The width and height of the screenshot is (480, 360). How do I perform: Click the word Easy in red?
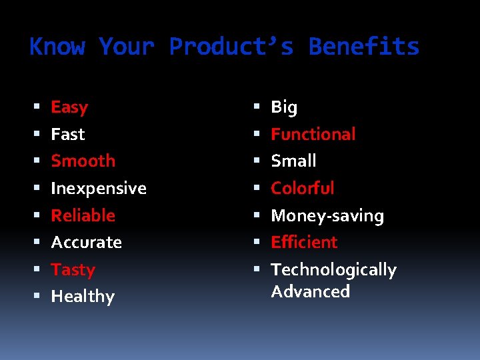coord(69,107)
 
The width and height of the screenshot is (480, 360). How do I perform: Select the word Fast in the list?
coord(68,135)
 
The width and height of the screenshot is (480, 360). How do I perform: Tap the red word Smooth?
coord(83,161)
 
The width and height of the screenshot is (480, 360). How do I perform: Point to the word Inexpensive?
coord(99,189)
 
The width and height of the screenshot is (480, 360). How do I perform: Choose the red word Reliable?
coord(83,216)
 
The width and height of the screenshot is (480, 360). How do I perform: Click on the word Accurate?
coord(87,243)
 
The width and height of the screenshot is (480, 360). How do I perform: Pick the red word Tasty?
coord(73,270)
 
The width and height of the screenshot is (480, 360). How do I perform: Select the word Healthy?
coord(83,297)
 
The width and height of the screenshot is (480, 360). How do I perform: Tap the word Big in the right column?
coord(284,107)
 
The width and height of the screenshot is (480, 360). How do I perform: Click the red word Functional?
coord(313,135)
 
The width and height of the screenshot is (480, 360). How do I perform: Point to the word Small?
coord(293,161)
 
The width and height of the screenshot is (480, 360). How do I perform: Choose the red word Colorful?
coord(303,189)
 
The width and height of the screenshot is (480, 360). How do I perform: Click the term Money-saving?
coord(327,216)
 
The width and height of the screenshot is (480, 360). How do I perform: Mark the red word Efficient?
coord(305,243)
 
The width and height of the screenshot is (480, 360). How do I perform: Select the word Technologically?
coord(334,270)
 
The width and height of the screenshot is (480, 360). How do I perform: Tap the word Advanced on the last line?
coord(311,292)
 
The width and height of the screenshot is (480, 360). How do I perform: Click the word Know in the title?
coord(57,47)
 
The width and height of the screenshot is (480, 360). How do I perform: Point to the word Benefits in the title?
coord(364,47)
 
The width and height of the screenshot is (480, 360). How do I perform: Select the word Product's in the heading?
coord(231,47)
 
